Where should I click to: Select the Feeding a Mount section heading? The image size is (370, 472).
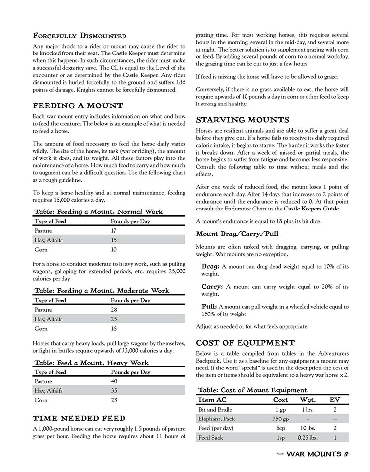(78, 106)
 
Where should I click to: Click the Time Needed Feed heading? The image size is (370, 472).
(79, 419)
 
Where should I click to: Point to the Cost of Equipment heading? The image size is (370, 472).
(246, 343)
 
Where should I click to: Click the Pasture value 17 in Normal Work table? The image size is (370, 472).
(114, 231)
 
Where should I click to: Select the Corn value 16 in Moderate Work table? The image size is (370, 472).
(114, 328)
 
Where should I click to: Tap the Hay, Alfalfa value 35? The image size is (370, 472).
(114, 391)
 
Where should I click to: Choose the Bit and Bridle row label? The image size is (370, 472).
(215, 410)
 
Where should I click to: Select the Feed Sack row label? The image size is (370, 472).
(211, 438)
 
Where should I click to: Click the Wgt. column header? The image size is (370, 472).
(308, 399)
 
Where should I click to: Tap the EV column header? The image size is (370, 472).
(335, 399)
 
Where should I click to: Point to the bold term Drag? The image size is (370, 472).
(210, 266)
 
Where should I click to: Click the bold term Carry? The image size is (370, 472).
(211, 286)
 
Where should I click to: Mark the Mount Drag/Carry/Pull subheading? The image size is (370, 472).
(231, 234)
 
